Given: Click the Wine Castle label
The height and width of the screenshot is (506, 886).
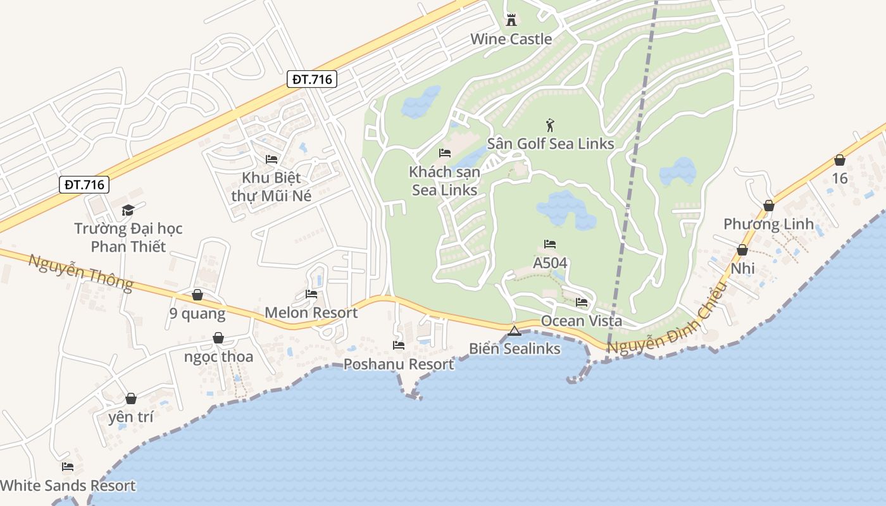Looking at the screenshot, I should (511, 39).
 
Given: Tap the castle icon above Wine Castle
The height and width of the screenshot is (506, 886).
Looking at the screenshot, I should (511, 20).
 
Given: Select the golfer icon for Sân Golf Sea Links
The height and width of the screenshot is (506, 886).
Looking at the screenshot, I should (550, 125).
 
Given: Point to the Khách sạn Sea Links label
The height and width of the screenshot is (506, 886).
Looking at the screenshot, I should (444, 181).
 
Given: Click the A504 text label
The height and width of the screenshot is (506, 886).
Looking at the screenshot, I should (550, 263).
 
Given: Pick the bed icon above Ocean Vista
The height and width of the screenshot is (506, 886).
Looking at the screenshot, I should (582, 302).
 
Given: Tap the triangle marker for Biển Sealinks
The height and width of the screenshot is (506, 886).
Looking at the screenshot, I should (515, 331).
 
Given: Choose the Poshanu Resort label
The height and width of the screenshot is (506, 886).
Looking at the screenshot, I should (399, 364).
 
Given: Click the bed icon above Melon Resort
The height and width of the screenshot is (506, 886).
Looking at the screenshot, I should (311, 294).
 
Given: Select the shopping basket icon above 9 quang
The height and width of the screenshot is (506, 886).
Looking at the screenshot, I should (197, 295).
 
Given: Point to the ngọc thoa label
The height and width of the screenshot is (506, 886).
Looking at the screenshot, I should (218, 357).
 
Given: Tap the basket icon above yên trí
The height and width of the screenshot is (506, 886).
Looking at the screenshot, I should (131, 398).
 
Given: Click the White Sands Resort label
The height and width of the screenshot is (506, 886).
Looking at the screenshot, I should (68, 486).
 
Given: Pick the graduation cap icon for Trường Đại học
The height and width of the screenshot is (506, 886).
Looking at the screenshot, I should (128, 210).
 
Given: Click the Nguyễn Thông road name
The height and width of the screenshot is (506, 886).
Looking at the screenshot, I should (80, 271).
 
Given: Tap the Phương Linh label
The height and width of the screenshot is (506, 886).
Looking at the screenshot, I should (768, 225).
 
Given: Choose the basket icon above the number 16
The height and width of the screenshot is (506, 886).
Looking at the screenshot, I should (840, 161).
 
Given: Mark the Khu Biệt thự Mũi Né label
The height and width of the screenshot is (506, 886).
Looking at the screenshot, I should (271, 187).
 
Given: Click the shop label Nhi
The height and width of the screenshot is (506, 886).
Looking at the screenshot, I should (742, 269).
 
